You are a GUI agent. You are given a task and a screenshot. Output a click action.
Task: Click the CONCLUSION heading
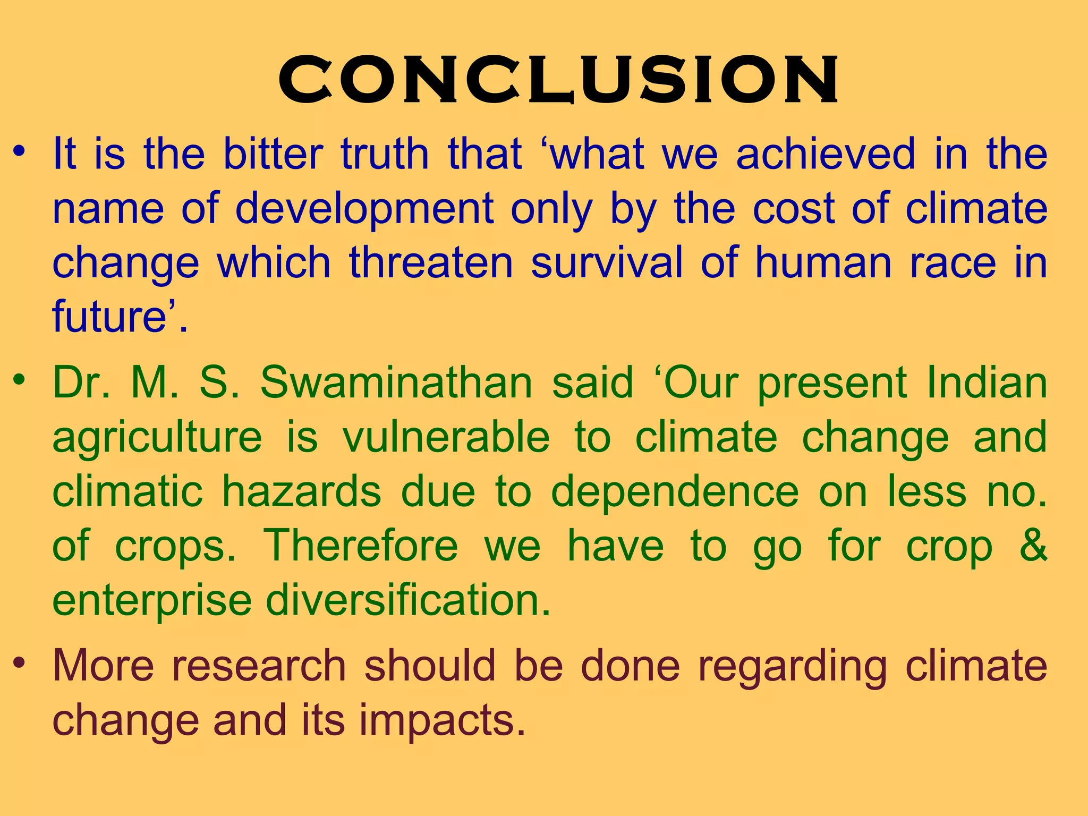558,80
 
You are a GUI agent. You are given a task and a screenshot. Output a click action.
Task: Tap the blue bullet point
20,152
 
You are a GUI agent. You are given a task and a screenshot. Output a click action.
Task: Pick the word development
364,209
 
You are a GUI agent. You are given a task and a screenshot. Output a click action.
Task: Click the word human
823,262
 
